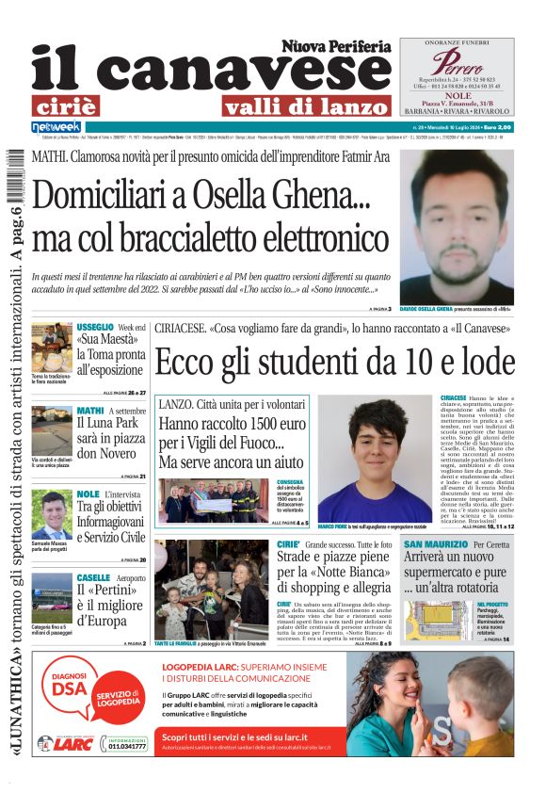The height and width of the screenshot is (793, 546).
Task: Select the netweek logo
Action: click(x=56, y=127)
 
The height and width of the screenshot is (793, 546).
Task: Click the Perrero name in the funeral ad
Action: click(x=457, y=62)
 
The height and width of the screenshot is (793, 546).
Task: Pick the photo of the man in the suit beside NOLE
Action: click(x=51, y=514)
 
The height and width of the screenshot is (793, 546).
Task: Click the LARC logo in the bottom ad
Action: click(x=71, y=743)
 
